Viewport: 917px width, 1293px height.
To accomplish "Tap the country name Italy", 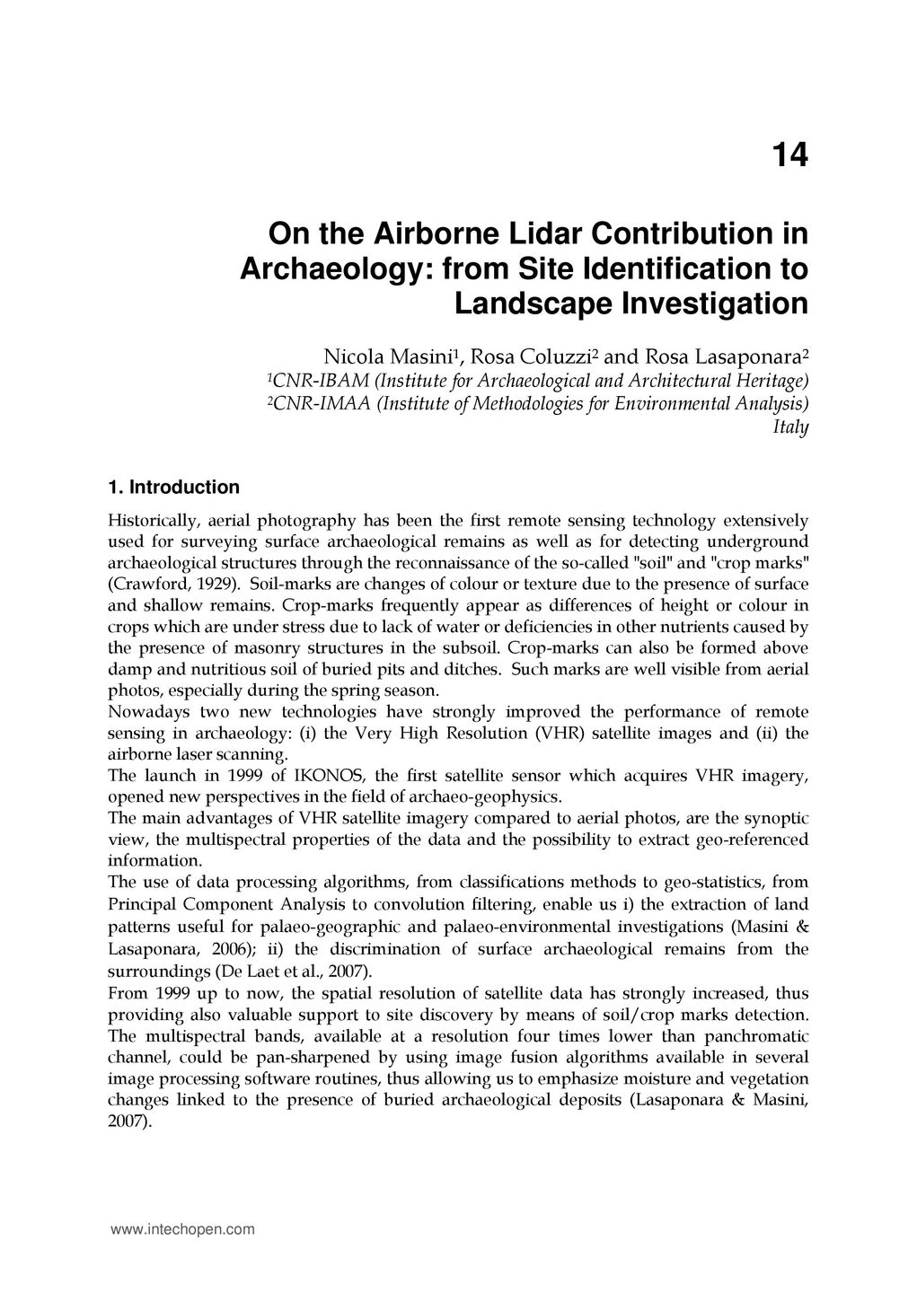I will pyautogui.click(x=790, y=427).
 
